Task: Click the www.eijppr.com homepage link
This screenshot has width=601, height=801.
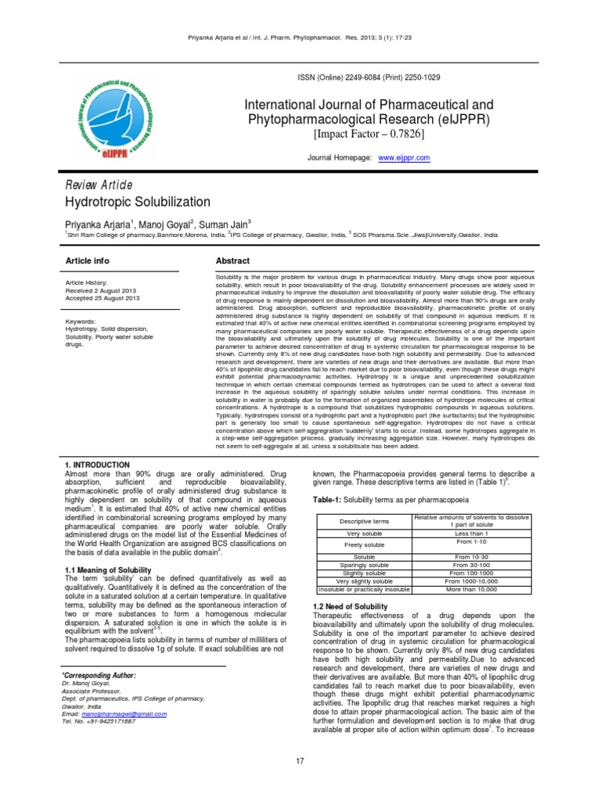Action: click(404, 157)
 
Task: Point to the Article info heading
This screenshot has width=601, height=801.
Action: click(87, 260)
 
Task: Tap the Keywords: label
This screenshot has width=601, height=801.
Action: click(83, 321)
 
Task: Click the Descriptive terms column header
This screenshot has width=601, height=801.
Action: click(361, 521)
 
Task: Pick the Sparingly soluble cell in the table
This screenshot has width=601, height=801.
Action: click(361, 564)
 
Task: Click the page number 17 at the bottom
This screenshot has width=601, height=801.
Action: click(300, 761)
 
